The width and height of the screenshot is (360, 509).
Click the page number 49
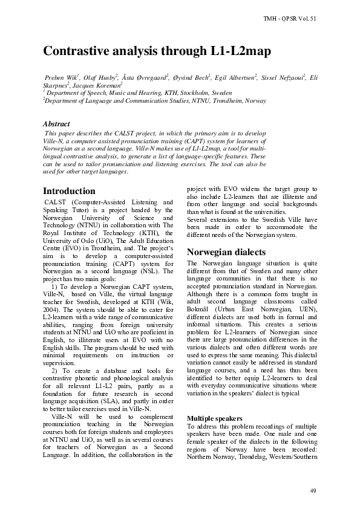point(313,489)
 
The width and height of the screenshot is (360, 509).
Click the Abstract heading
point(56,124)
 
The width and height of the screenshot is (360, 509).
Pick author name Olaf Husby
point(100,78)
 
